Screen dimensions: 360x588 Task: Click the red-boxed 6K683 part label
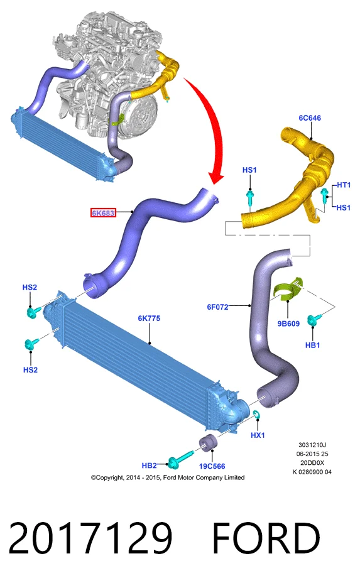click(103, 213)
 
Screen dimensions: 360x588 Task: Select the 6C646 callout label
click(310, 117)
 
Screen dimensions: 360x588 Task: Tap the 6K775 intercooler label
click(149, 318)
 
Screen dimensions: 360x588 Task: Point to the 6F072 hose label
click(217, 307)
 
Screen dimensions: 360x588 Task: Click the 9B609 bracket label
click(288, 324)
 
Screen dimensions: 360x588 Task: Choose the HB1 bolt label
click(312, 345)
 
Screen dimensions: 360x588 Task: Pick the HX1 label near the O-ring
click(258, 435)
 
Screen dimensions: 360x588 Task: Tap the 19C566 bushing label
click(212, 466)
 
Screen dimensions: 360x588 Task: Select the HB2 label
click(150, 465)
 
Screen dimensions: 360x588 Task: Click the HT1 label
click(344, 185)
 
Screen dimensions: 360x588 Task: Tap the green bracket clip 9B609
click(288, 289)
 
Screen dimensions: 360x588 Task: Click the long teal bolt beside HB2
click(180, 460)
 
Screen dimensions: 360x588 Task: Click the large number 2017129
click(90, 538)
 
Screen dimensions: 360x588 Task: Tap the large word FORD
click(266, 538)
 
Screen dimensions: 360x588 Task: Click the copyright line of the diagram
click(168, 477)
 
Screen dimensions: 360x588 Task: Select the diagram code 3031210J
click(312, 445)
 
